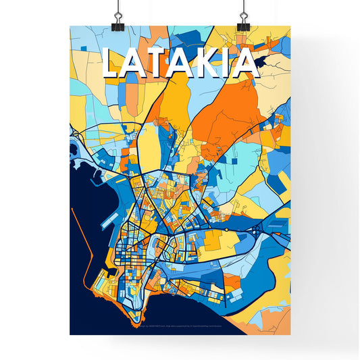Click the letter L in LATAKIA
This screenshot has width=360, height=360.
click(x=112, y=64)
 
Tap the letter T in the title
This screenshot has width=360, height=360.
click(x=159, y=64)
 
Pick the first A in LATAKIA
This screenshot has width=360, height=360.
click(x=135, y=64)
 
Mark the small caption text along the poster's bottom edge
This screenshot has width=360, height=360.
click(x=180, y=328)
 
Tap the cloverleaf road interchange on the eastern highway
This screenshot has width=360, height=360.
click(x=257, y=232)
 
